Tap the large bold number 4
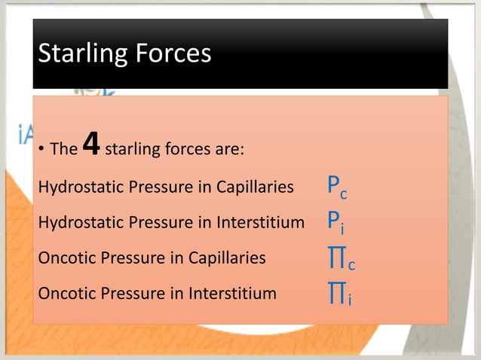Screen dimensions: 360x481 pos(90,145)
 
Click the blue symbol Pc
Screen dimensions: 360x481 pos(337,188)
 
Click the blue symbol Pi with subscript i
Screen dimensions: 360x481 pos(335,222)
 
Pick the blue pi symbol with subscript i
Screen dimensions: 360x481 pos(338,295)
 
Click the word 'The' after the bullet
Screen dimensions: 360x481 pos(63,149)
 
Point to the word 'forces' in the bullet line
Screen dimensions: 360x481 pos(182,149)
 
